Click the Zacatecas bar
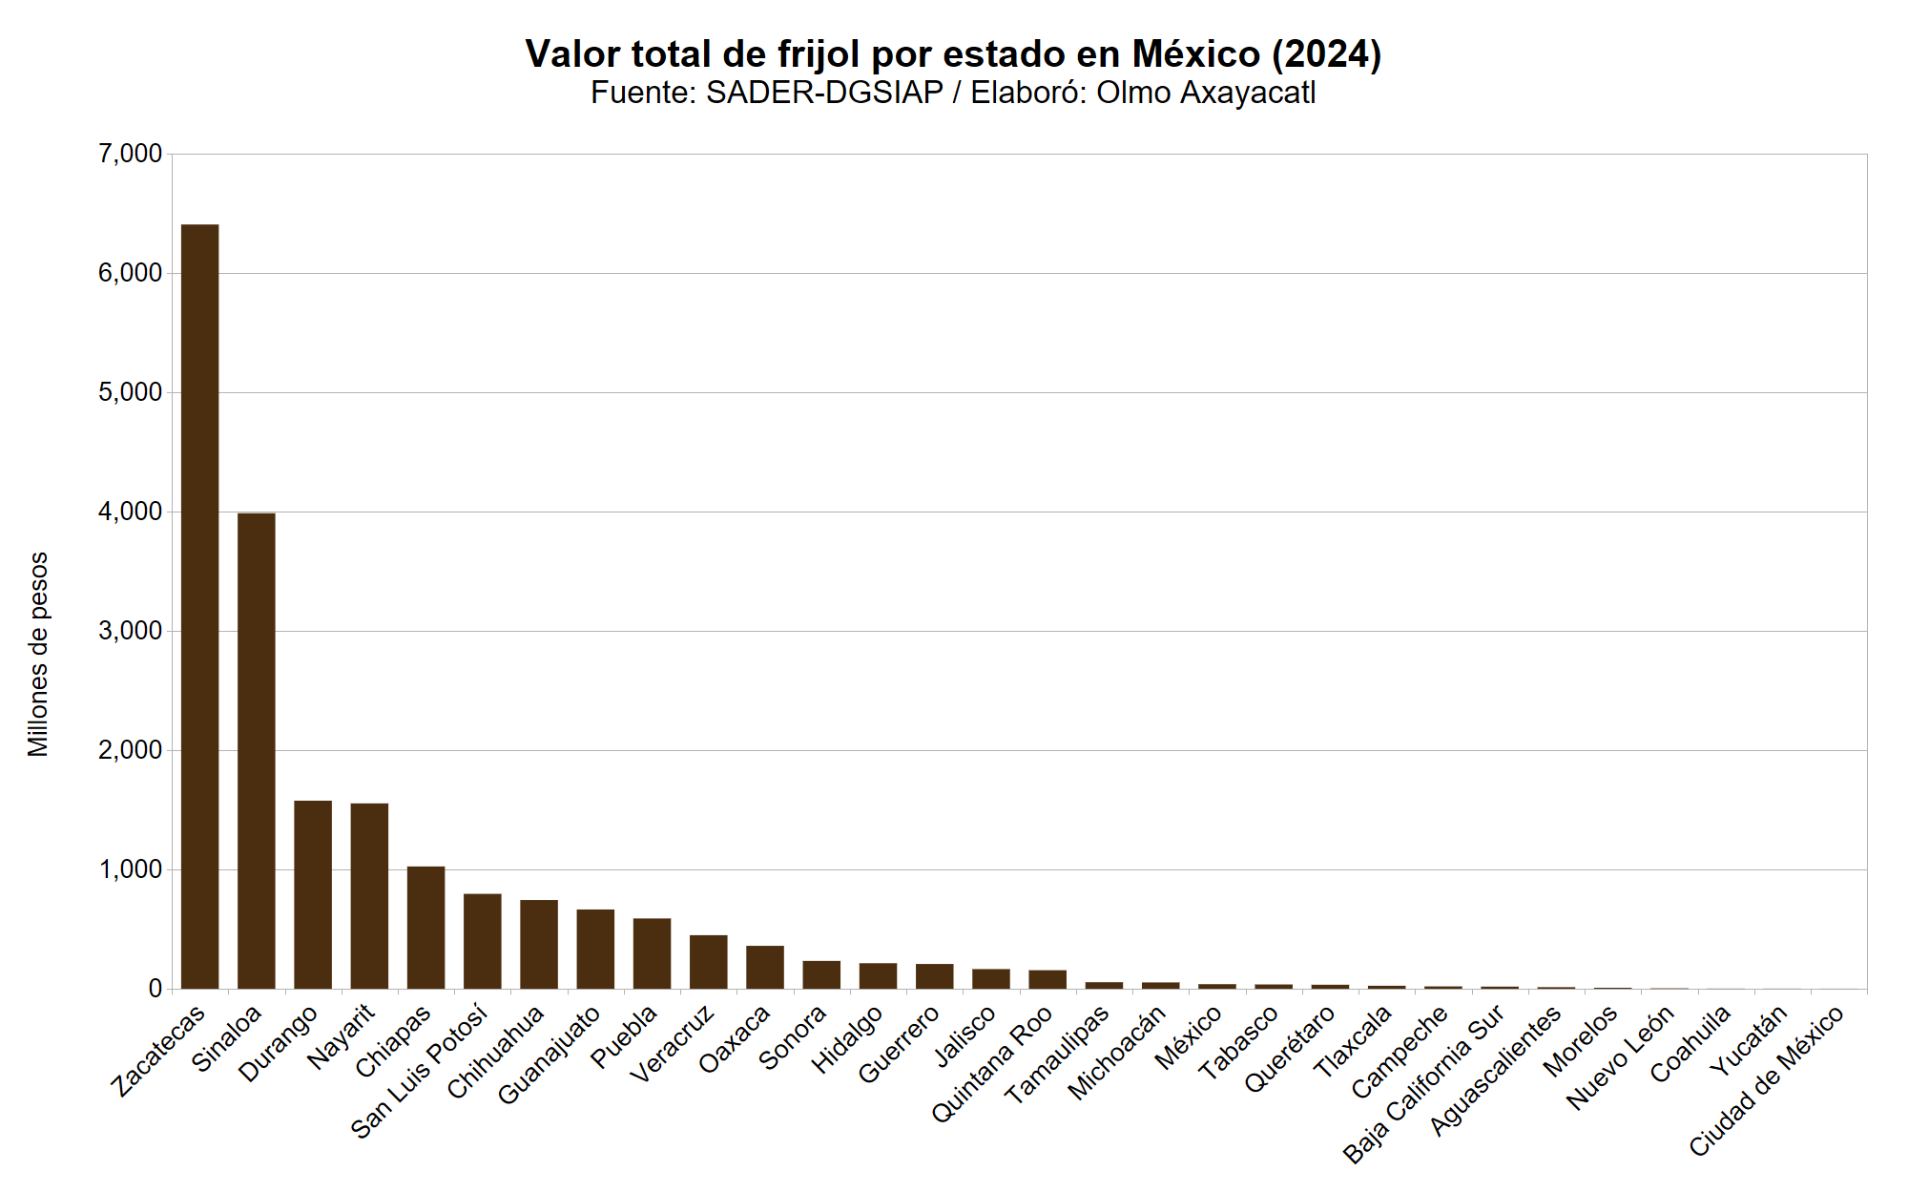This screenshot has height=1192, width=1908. [199, 606]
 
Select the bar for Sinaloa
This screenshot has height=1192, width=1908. [256, 750]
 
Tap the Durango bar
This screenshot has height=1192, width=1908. [313, 894]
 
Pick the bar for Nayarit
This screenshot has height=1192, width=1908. [369, 895]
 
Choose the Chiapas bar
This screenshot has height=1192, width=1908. [425, 927]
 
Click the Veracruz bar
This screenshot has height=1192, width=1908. [708, 961]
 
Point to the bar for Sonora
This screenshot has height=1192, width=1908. [821, 974]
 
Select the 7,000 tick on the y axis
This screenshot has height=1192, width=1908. [130, 154]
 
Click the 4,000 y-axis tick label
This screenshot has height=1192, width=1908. [130, 512]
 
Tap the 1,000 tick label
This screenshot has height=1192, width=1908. [130, 869]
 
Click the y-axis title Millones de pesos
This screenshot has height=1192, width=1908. [38, 655]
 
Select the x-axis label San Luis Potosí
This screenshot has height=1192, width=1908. [420, 1071]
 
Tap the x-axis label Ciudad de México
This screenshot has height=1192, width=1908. [1766, 1081]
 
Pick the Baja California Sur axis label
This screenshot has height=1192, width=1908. [1423, 1084]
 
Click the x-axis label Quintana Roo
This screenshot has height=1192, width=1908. [992, 1063]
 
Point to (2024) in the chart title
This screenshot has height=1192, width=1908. [1326, 54]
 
